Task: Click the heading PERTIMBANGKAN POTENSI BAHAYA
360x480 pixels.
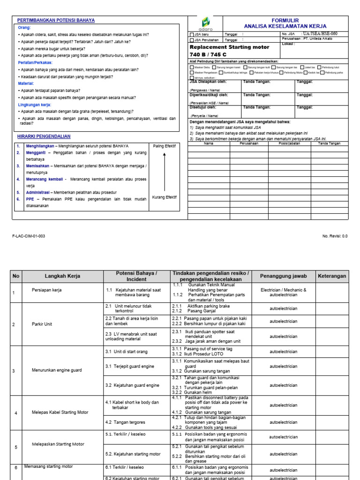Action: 56,21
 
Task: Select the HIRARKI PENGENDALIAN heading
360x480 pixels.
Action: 44,136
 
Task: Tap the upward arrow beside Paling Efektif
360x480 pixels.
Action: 164,172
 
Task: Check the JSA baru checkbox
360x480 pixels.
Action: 191,34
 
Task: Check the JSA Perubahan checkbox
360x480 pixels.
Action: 191,40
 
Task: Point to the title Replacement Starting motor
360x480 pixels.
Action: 229,47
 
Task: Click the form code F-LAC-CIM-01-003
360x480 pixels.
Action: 29,236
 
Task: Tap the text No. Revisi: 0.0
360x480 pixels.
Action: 335,236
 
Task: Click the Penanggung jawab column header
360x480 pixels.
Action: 283,277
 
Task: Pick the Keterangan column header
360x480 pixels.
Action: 331,277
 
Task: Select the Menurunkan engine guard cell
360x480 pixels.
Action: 56,370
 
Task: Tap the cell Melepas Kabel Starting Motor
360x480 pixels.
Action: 60,412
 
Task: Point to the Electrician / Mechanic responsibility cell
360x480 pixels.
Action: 283,292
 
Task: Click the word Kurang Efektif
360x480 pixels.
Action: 164,197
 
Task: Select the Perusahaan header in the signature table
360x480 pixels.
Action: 249,143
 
